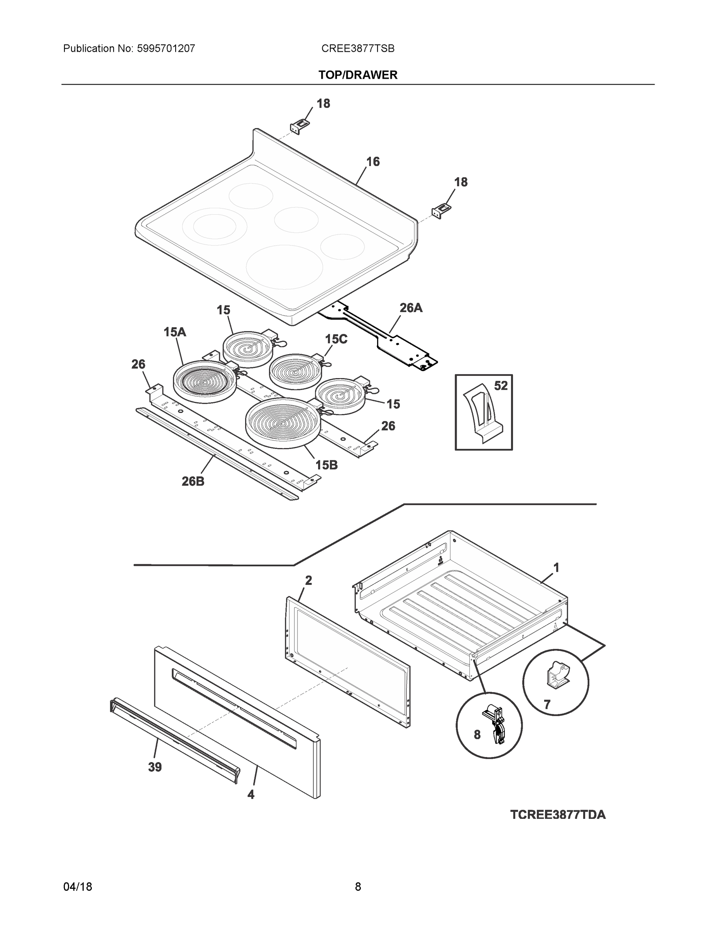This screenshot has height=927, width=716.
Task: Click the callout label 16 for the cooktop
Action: tap(372, 161)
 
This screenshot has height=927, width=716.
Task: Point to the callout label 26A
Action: tap(411, 308)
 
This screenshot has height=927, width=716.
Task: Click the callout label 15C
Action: tap(336, 339)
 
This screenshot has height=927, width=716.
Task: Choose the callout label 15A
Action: tap(175, 332)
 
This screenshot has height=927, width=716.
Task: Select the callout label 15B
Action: tap(326, 465)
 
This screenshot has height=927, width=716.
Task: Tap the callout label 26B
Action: tap(193, 481)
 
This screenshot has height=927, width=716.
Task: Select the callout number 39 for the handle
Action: tap(155, 767)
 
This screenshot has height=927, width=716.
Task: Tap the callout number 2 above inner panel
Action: tap(308, 580)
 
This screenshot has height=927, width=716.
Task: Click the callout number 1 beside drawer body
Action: tap(556, 567)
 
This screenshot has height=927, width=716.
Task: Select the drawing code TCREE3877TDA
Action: tap(557, 815)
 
